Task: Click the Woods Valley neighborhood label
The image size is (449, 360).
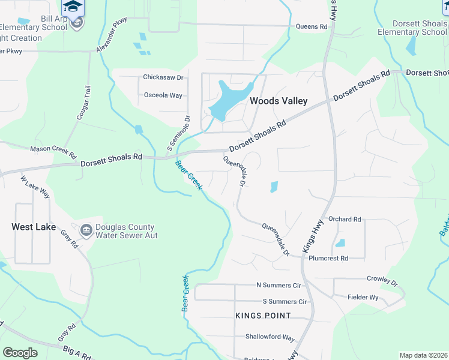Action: [279, 101]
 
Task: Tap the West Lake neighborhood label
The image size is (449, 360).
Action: [34, 227]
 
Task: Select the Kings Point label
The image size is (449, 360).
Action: [263, 316]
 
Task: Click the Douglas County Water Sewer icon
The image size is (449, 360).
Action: [86, 230]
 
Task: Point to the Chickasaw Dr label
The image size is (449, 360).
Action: [163, 77]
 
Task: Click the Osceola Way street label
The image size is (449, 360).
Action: [163, 95]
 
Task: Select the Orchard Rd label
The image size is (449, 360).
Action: [345, 220]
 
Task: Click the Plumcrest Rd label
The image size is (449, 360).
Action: [328, 259]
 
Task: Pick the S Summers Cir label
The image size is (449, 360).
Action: [285, 302]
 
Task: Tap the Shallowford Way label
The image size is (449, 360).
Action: [270, 337]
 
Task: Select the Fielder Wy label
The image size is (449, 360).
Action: [363, 297]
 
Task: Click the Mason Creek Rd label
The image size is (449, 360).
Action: [53, 148]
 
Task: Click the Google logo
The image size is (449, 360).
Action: [20, 353]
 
